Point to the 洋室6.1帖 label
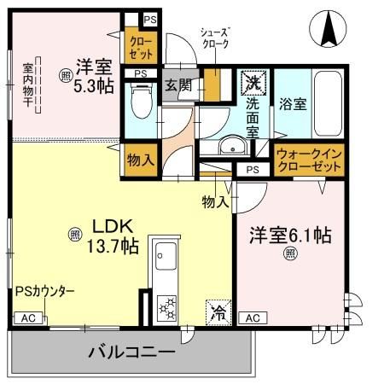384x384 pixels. click(x=290, y=236)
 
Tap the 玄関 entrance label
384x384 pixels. click(x=177, y=85)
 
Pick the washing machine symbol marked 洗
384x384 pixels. click(x=253, y=84)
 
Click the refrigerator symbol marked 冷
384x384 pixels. click(x=217, y=312)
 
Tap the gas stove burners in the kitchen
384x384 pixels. click(x=166, y=305)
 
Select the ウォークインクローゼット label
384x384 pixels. click(x=309, y=160)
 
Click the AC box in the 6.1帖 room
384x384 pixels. click(x=252, y=317)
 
